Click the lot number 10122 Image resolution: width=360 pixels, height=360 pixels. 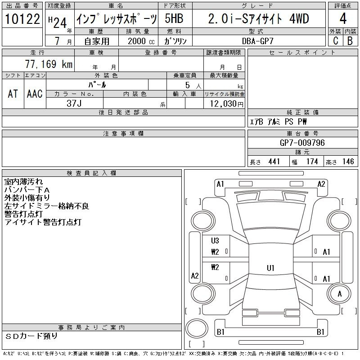click(22, 19)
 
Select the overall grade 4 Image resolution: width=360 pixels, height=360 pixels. click(343, 18)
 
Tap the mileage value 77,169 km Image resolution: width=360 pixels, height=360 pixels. click(49, 64)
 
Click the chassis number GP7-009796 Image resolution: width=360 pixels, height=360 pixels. click(302, 143)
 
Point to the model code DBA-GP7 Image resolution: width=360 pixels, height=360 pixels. click(257, 41)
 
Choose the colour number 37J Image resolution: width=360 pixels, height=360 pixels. click(74, 103)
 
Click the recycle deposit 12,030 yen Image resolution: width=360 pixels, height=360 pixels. click(227, 104)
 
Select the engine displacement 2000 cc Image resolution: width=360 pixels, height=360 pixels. click(141, 41)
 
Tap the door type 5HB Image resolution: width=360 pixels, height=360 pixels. click(174, 18)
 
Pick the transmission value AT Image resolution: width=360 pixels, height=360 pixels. click(13, 94)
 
